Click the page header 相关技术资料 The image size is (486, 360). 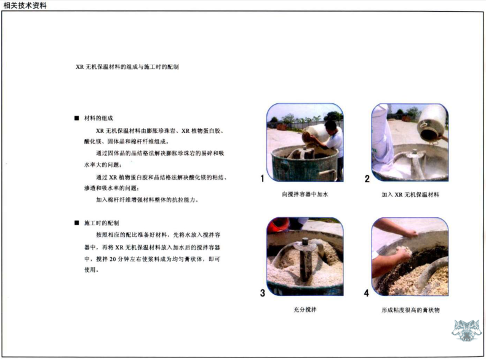click(25, 6)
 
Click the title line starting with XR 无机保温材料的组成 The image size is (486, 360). click(127, 66)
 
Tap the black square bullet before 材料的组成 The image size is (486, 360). click(76, 118)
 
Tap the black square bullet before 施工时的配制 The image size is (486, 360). click(76, 223)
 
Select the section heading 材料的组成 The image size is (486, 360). click(98, 118)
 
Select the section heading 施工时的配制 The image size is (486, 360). click(102, 223)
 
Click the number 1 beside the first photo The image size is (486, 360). click(262, 178)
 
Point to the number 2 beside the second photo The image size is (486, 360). click(367, 178)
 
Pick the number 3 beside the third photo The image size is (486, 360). click(263, 293)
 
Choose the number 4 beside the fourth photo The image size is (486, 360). click(367, 293)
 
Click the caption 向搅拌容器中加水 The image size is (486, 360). click(305, 194)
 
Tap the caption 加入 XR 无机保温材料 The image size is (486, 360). click(410, 194)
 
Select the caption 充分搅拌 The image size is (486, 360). click(305, 310)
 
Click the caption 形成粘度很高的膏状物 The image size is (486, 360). click(410, 310)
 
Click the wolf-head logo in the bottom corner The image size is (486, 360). click(466, 330)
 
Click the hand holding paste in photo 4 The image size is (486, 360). click(402, 253)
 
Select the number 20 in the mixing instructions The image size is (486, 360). click(113, 259)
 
